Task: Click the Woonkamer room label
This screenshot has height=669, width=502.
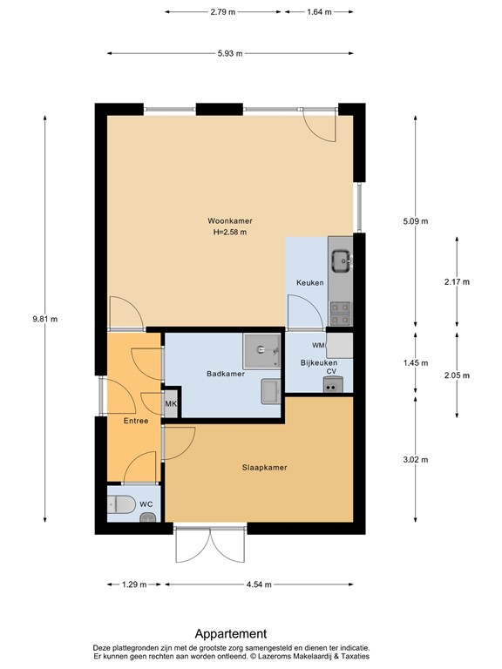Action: click(x=230, y=221)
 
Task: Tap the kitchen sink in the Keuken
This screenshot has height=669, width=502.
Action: click(x=342, y=260)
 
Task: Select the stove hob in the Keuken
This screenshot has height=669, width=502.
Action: click(x=341, y=314)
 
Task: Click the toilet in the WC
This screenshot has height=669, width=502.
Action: click(x=120, y=504)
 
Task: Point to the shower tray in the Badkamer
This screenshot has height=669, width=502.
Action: click(x=261, y=351)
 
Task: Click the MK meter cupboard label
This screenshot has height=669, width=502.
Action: click(x=171, y=403)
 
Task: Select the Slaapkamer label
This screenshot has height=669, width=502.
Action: click(x=264, y=468)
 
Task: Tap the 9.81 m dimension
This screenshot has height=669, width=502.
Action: click(x=44, y=319)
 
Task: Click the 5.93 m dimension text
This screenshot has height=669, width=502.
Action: click(x=230, y=53)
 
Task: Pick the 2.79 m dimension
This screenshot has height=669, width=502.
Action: click(x=223, y=12)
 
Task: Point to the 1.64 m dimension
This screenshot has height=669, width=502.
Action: click(x=319, y=12)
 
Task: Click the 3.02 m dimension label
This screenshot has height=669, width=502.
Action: click(x=416, y=460)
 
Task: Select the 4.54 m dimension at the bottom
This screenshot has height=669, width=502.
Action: click(x=259, y=585)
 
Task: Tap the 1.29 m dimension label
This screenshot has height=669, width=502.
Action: click(x=134, y=585)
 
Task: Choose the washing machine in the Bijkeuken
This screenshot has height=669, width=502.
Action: click(x=339, y=345)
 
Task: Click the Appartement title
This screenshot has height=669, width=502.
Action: click(x=231, y=633)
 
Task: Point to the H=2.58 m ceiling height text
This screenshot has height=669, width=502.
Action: click(x=230, y=233)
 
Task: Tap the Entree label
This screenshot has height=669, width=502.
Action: click(x=136, y=421)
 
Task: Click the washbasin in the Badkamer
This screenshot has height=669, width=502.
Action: click(x=271, y=391)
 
